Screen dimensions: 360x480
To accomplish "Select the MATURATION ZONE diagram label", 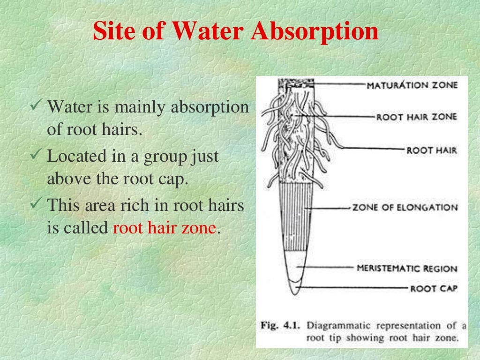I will (x=411, y=85).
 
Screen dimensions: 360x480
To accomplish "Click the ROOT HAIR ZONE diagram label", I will (x=416, y=117).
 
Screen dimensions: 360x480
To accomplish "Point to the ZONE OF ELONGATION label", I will (x=405, y=207).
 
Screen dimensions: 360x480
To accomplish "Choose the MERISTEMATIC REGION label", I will (x=407, y=269).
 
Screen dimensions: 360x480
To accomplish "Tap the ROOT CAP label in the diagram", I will (x=433, y=288).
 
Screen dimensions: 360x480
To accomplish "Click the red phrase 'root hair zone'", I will (x=165, y=229).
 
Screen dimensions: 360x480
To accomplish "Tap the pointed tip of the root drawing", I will (x=294, y=293).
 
